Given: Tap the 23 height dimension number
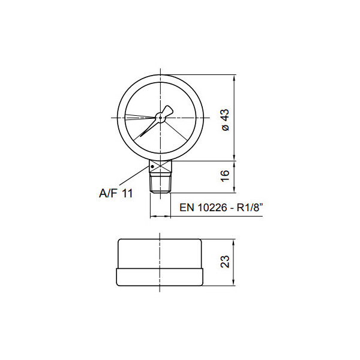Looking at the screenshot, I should pyautogui.click(x=225, y=262).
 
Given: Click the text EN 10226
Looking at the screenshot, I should pyautogui.click(x=202, y=208).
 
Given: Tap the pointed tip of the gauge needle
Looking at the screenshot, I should pyautogui.click(x=139, y=137).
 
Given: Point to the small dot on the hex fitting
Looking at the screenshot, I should pyautogui.click(x=152, y=167).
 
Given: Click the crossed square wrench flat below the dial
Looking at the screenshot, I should pyautogui.click(x=160, y=166).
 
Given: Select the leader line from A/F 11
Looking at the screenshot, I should pyautogui.click(x=135, y=179).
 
